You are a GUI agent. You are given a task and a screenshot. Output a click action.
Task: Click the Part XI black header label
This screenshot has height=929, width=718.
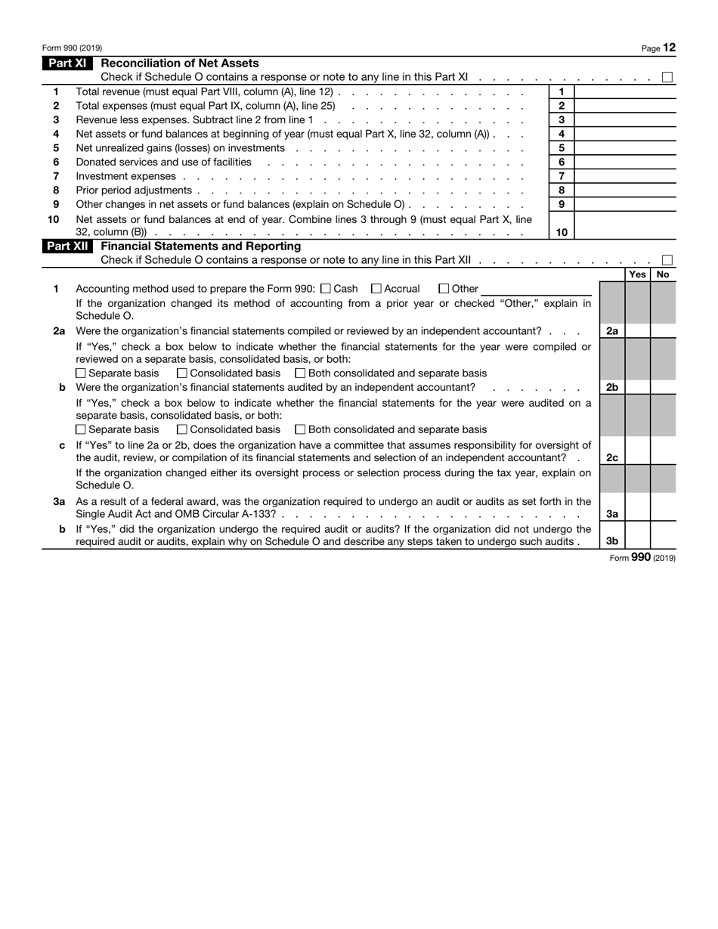click(x=67, y=63)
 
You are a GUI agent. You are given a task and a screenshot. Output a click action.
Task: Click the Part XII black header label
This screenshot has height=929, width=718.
click(x=68, y=246)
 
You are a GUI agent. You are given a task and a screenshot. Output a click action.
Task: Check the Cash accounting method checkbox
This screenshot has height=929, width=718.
click(x=326, y=289)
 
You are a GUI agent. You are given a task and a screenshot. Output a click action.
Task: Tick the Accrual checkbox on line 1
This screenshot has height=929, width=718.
click(x=376, y=289)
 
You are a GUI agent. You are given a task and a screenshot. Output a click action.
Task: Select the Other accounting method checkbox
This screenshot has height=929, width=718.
click(x=444, y=289)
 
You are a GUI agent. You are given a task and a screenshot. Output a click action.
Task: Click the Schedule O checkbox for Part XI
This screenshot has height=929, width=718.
click(x=667, y=77)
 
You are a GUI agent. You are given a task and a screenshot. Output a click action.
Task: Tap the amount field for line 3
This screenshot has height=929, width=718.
click(x=626, y=120)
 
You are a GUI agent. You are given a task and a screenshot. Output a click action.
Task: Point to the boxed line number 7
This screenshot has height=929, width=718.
click(x=562, y=176)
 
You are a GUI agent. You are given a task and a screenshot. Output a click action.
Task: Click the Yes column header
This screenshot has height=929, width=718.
click(x=637, y=275)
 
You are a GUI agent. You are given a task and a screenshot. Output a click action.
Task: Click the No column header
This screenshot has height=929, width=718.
click(x=664, y=275)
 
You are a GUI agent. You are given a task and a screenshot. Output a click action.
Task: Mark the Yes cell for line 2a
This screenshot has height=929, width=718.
click(x=637, y=331)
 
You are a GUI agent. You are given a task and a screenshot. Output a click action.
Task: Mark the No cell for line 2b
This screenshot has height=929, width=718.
click(x=664, y=387)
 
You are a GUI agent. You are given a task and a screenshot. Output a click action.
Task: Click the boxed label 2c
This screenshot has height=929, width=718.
click(x=612, y=458)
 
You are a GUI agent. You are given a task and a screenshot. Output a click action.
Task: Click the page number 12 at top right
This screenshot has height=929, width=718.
click(x=670, y=48)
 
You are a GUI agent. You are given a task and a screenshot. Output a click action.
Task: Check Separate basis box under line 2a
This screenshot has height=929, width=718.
click(x=82, y=373)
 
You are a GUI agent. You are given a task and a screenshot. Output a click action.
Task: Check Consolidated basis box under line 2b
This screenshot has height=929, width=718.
click(x=181, y=429)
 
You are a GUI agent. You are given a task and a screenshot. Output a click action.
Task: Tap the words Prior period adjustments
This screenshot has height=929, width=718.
click(x=134, y=190)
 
